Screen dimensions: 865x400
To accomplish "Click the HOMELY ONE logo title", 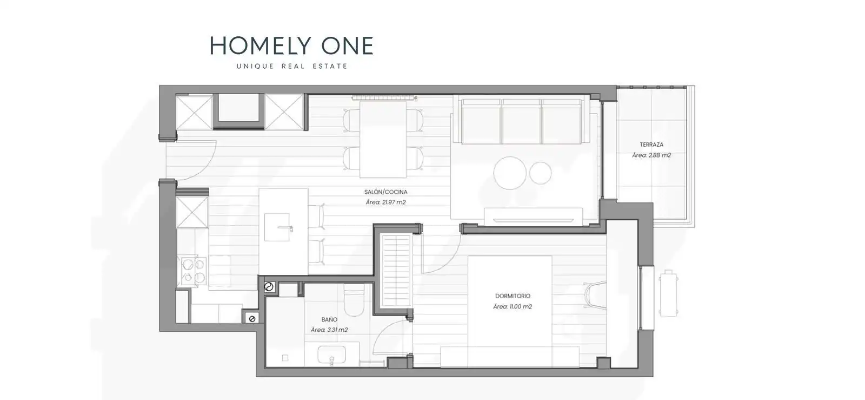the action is (291, 45).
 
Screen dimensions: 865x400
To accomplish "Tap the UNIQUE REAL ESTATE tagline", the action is (292, 66).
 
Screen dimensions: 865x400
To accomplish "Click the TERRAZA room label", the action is (651, 145).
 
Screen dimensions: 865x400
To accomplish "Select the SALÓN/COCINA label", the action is (386, 192).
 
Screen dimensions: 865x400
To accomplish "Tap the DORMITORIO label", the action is (513, 296).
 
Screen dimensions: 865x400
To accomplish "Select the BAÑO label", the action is (329, 319).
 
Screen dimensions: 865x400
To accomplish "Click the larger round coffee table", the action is (510, 173).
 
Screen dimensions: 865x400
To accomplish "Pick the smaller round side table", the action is (540, 173).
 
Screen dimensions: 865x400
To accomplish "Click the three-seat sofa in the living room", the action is (521, 121).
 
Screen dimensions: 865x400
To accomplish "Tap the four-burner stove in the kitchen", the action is (193, 271).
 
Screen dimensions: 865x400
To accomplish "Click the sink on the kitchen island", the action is (277, 227).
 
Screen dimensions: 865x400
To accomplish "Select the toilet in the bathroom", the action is (354, 300).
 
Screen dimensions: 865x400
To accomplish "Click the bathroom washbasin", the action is (332, 355).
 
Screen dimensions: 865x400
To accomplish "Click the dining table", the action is (383, 139).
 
